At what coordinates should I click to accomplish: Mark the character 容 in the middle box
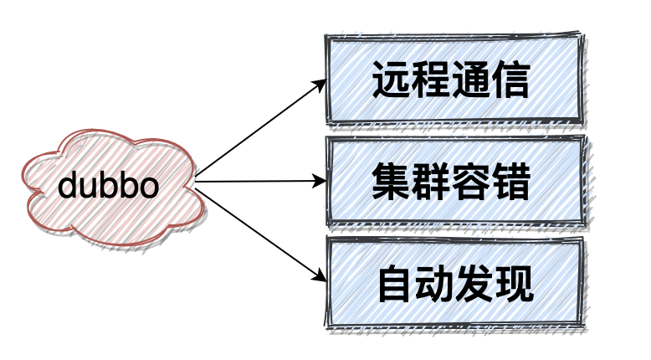(471, 181)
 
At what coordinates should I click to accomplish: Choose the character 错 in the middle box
(510, 181)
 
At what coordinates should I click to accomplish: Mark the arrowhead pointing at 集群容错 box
(320, 181)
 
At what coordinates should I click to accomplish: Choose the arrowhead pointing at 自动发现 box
(319, 277)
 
